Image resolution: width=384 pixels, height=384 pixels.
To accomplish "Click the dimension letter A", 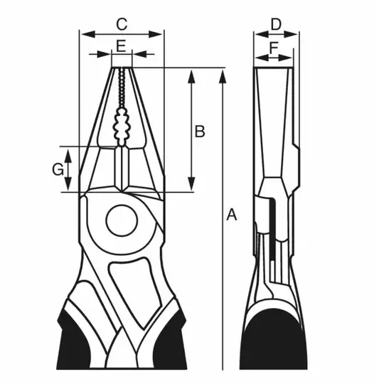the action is [x=231, y=215].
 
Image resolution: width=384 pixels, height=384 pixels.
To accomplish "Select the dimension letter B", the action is [x=200, y=131].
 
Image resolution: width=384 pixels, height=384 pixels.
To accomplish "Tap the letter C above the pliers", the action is [x=122, y=24].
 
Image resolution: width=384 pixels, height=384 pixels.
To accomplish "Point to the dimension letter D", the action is [x=276, y=24].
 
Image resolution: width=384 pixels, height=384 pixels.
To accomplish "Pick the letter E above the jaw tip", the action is [x=121, y=46].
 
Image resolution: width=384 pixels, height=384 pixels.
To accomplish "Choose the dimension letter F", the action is [x=274, y=48].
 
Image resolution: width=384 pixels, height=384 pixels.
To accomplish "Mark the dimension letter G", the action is [x=58, y=169].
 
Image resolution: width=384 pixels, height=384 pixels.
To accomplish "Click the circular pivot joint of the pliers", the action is [x=122, y=220].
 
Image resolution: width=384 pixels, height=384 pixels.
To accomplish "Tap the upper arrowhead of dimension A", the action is [x=223, y=76].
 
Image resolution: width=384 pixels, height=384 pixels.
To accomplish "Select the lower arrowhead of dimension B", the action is [x=192, y=183].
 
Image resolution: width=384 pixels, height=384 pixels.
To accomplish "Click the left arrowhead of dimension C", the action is [x=88, y=34].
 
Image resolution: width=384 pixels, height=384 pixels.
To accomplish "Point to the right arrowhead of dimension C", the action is [x=156, y=34].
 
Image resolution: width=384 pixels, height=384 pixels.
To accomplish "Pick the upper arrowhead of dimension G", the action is [x=68, y=156].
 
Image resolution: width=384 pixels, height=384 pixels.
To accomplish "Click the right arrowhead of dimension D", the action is [x=291, y=34].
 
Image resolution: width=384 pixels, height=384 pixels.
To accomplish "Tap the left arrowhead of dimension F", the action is [x=262, y=58].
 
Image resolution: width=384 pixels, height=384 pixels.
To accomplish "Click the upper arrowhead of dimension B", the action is [x=192, y=76].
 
